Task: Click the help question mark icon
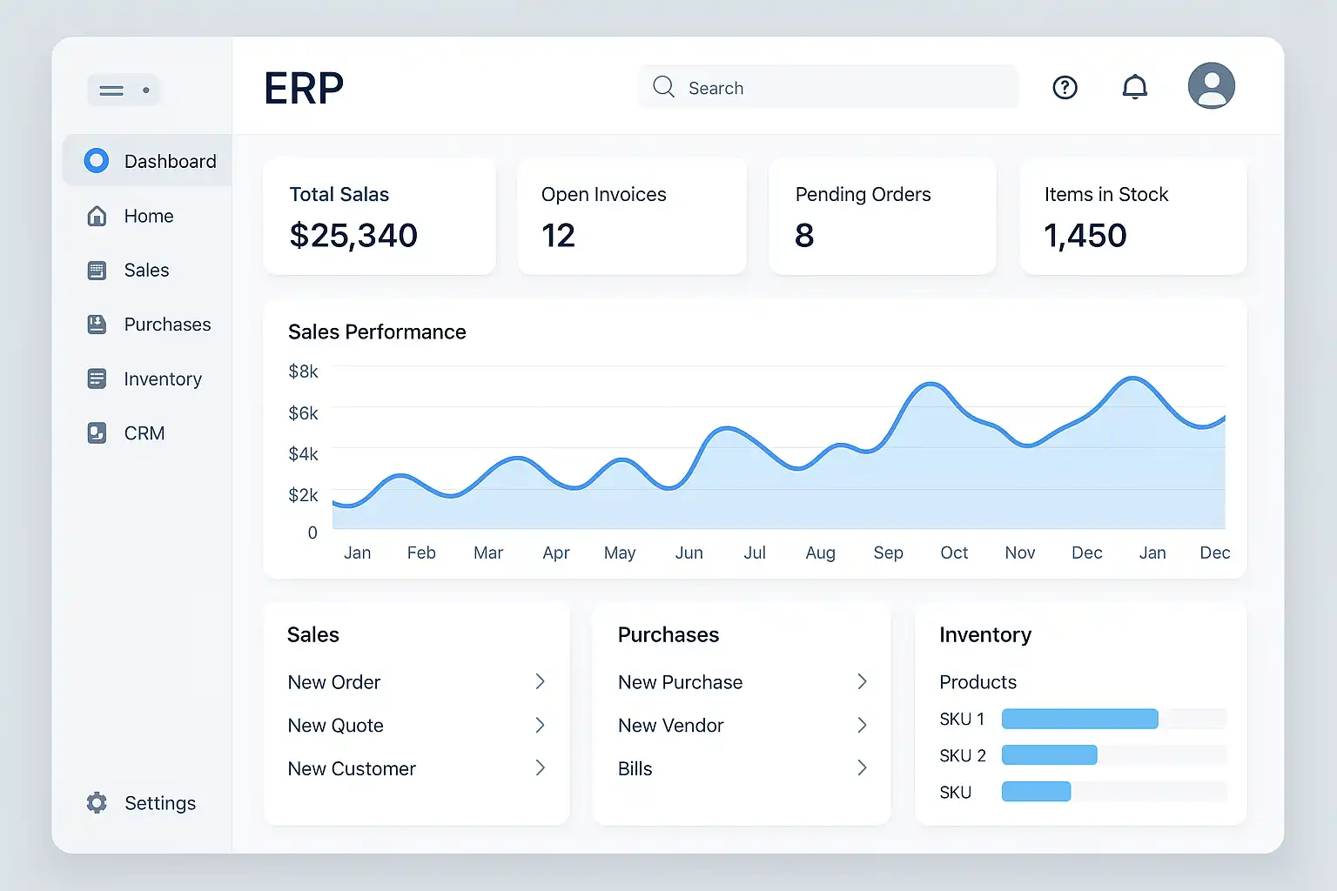tap(1065, 88)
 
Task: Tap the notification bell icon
tap(1134, 87)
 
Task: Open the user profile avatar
tap(1211, 85)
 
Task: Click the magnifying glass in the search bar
tap(663, 87)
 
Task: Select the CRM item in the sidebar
tap(144, 432)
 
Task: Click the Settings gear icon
tap(97, 802)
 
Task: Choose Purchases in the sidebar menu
tap(167, 324)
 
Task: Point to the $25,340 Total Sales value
tap(353, 235)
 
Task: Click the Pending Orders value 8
tap(804, 235)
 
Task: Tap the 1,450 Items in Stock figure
tap(1085, 235)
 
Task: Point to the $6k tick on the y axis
tap(303, 413)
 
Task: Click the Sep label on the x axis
tap(888, 553)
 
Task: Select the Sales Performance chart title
tap(377, 332)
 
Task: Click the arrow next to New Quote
tap(541, 725)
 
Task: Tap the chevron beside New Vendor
tap(862, 725)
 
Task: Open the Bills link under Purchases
tap(635, 768)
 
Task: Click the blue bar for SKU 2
tap(1049, 755)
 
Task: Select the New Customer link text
tap(352, 768)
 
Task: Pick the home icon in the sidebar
tap(97, 216)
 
